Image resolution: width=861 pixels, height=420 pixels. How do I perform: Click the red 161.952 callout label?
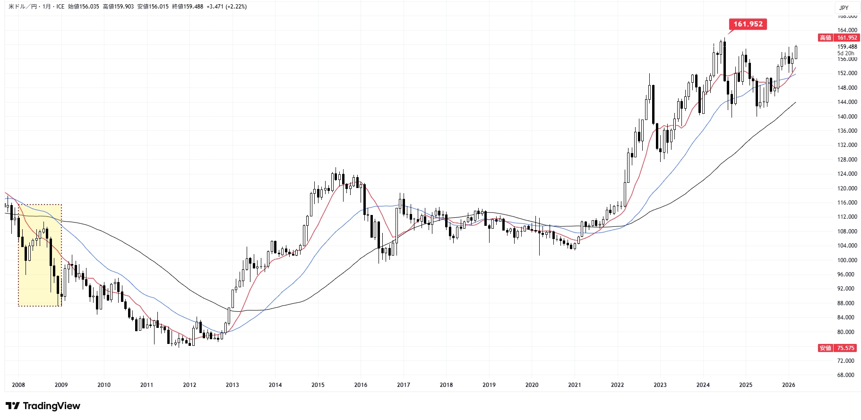pos(748,24)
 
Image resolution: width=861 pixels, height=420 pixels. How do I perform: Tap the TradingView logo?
pos(43,406)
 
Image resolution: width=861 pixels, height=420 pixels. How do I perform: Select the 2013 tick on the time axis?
pos(232,385)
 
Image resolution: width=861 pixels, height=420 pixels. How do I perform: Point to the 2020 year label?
pos(532,385)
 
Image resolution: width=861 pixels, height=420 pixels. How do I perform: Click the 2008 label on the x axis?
pos(18,385)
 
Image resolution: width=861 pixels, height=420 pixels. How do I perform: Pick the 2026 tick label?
pos(788,385)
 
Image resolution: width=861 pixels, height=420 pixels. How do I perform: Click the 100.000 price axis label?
pos(847,260)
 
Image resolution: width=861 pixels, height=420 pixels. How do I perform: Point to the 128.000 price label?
pos(847,160)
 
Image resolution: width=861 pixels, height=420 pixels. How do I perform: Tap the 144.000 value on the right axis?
pos(847,102)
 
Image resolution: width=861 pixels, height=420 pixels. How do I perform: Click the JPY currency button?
pos(844,8)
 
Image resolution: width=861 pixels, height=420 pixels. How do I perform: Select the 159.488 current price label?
pos(847,47)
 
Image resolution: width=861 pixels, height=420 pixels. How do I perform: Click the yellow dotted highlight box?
pos(40,255)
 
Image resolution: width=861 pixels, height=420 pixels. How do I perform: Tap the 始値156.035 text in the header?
pos(84,7)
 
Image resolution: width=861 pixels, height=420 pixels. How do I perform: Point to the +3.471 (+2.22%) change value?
pos(226,7)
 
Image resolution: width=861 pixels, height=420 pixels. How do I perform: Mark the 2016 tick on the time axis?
pos(361,385)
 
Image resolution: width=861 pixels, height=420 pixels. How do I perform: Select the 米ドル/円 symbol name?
pos(23,7)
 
